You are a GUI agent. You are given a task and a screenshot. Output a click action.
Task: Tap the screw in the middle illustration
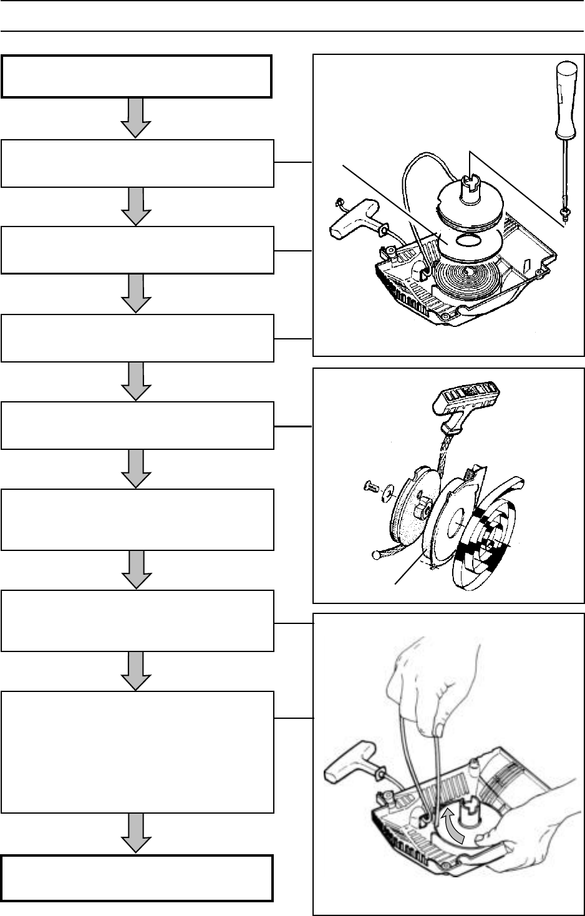pyautogui.click(x=370, y=487)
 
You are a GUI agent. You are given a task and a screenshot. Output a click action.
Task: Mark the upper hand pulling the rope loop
pyautogui.click(x=430, y=686)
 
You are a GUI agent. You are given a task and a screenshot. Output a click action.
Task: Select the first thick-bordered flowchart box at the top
pyautogui.click(x=137, y=76)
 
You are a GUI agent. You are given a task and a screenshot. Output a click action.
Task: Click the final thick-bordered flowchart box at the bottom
pyautogui.click(x=137, y=878)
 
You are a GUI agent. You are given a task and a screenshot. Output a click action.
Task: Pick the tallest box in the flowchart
pyautogui.click(x=137, y=751)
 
